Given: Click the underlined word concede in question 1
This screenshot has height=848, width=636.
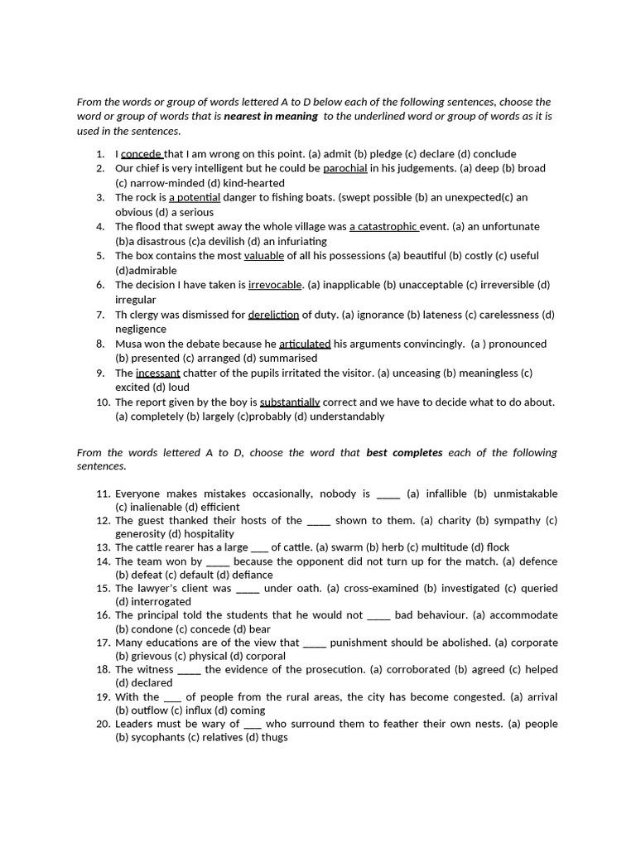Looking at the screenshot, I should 141,154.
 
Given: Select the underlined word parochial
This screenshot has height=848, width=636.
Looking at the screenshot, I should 344,168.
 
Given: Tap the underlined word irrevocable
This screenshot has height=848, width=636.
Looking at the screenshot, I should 275,285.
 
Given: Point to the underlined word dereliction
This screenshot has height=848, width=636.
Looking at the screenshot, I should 273,315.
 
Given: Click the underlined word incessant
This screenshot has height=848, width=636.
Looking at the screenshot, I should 157,373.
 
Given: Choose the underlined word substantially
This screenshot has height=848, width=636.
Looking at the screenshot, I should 290,402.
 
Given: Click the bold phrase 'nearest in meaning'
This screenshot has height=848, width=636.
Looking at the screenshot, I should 271,117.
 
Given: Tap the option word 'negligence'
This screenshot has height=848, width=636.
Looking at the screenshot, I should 141,330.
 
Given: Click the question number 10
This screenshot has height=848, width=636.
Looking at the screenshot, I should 103,402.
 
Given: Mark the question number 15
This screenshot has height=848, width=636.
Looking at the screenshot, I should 103,589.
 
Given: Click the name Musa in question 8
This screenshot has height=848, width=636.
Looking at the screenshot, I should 128,344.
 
